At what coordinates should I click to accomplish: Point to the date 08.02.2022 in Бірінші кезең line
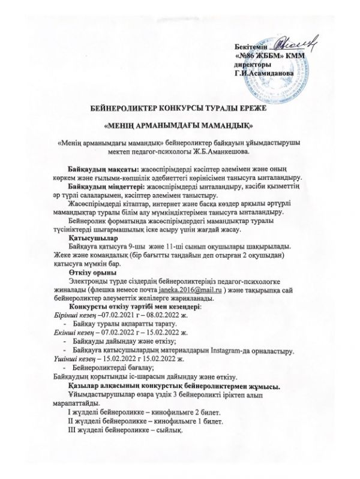point(160,315)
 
